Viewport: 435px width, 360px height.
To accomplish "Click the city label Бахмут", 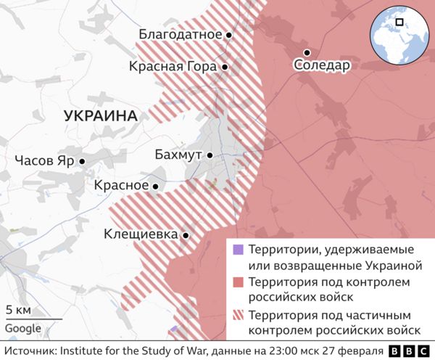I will click(x=179, y=155).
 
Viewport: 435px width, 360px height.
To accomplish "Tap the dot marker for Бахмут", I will click(x=210, y=155).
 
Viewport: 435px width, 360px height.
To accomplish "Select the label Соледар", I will click(x=322, y=65).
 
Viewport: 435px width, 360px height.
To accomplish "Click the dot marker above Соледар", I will click(x=307, y=52).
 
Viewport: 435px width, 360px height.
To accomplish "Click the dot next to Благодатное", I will click(x=228, y=34).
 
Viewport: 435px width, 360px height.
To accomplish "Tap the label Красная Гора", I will click(x=173, y=67).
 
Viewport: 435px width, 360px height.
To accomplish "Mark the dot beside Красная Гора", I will click(x=225, y=67).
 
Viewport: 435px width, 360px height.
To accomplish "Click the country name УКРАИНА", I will click(x=101, y=115).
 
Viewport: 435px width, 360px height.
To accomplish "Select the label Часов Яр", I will click(x=43, y=161).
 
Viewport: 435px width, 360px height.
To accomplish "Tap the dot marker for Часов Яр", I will click(x=83, y=161).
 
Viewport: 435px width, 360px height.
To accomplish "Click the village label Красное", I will click(x=121, y=186).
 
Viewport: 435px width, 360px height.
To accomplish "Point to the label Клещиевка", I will click(x=141, y=234).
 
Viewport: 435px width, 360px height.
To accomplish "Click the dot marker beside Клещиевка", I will click(x=186, y=235).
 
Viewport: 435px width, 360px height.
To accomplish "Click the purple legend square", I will click(x=237, y=250).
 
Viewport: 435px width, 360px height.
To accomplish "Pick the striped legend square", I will click(x=237, y=316).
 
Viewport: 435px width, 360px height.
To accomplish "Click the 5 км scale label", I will click(x=17, y=310).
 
